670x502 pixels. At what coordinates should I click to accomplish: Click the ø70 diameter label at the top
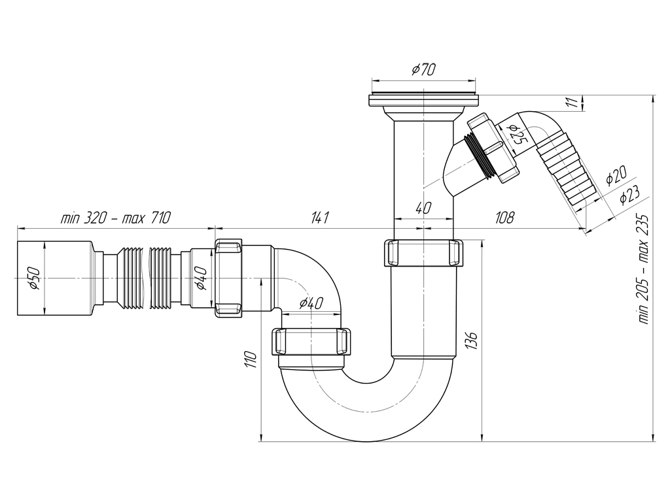coord(423,69)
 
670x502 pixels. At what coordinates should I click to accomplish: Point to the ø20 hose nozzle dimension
coord(616,175)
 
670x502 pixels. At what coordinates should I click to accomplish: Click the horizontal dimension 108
coord(504,218)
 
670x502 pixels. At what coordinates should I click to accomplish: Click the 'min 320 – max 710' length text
coord(115,218)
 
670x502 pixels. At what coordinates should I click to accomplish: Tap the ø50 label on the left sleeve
coord(34,278)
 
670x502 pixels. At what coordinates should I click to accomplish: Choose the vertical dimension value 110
coord(251,360)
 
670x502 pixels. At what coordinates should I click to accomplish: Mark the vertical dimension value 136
coord(471,340)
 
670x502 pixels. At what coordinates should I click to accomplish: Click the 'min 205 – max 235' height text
coord(644,269)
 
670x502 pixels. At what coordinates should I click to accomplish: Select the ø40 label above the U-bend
coord(311,303)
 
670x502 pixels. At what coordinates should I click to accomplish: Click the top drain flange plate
coord(423,100)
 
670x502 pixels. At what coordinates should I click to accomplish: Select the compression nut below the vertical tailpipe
coord(424,254)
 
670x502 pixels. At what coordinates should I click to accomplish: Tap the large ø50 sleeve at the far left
coord(56,278)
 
